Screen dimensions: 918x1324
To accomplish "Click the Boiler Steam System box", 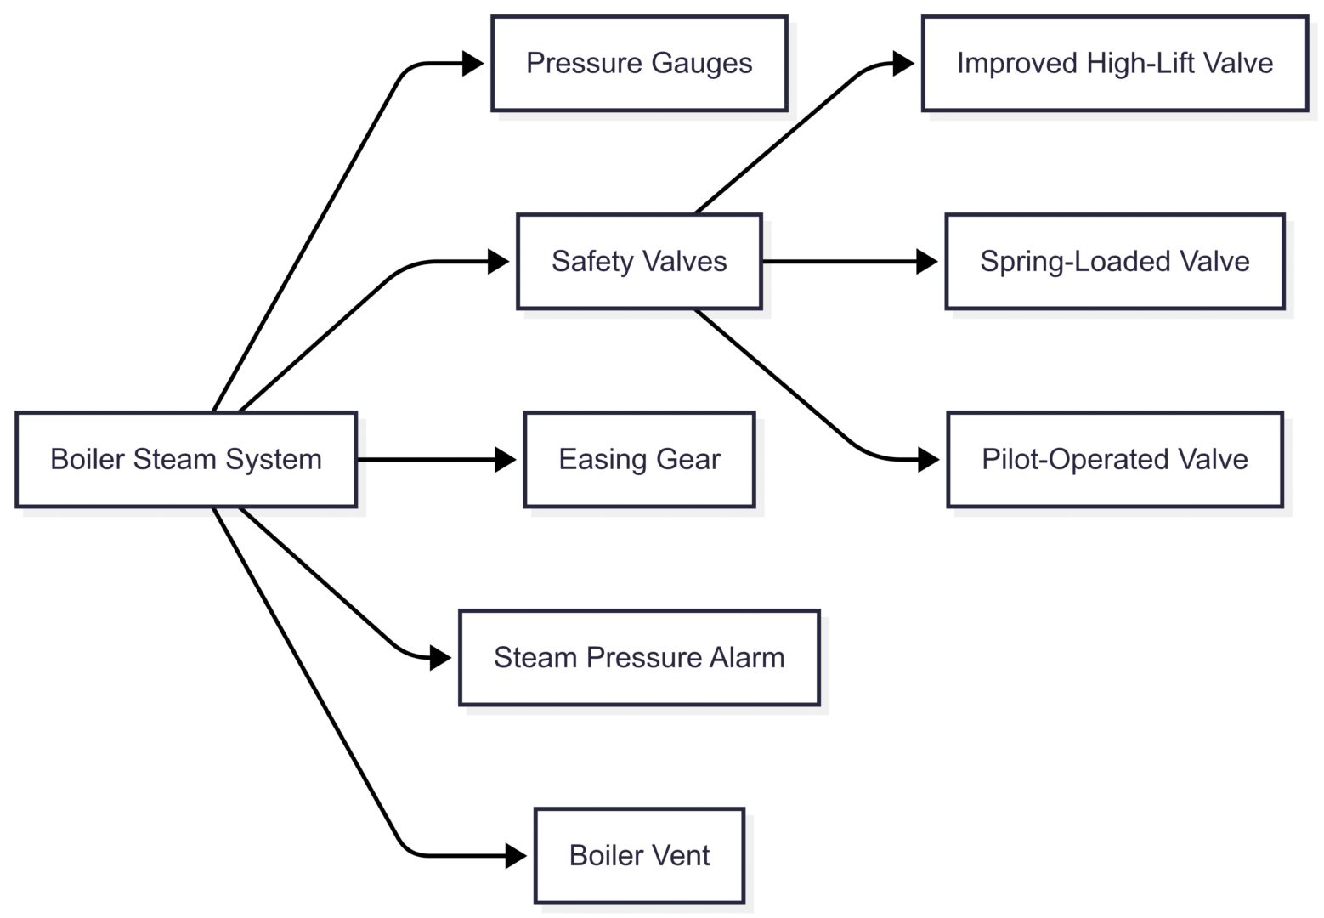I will (x=186, y=460).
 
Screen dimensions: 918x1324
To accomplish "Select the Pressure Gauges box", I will (x=639, y=64).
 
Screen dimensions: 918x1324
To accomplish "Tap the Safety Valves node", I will (x=639, y=262).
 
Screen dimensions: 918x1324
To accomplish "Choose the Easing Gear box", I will (x=639, y=460).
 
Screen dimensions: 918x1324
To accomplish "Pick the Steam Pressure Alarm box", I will (x=639, y=658).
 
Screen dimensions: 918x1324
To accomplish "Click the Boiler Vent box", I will (x=639, y=856).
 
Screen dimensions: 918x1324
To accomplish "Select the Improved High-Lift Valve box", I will (x=1114, y=64).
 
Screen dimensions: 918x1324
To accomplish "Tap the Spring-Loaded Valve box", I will (x=1114, y=262).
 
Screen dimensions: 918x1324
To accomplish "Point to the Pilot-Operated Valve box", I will (x=1114, y=460).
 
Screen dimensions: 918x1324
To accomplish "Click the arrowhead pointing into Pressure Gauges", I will (x=472, y=64).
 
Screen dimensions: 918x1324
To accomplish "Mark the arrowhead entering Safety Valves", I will (x=498, y=262).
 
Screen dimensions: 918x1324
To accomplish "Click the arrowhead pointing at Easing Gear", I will (x=506, y=460).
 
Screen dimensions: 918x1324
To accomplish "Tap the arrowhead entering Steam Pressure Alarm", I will (x=440, y=658).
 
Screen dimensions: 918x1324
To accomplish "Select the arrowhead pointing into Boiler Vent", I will (x=516, y=856).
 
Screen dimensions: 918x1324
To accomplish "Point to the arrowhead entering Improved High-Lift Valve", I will (x=903, y=64).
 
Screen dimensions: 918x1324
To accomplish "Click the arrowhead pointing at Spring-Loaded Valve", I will (x=927, y=262).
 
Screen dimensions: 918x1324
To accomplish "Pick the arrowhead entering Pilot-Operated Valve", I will (x=929, y=460).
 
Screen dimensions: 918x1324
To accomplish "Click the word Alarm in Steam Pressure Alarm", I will (x=748, y=658).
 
